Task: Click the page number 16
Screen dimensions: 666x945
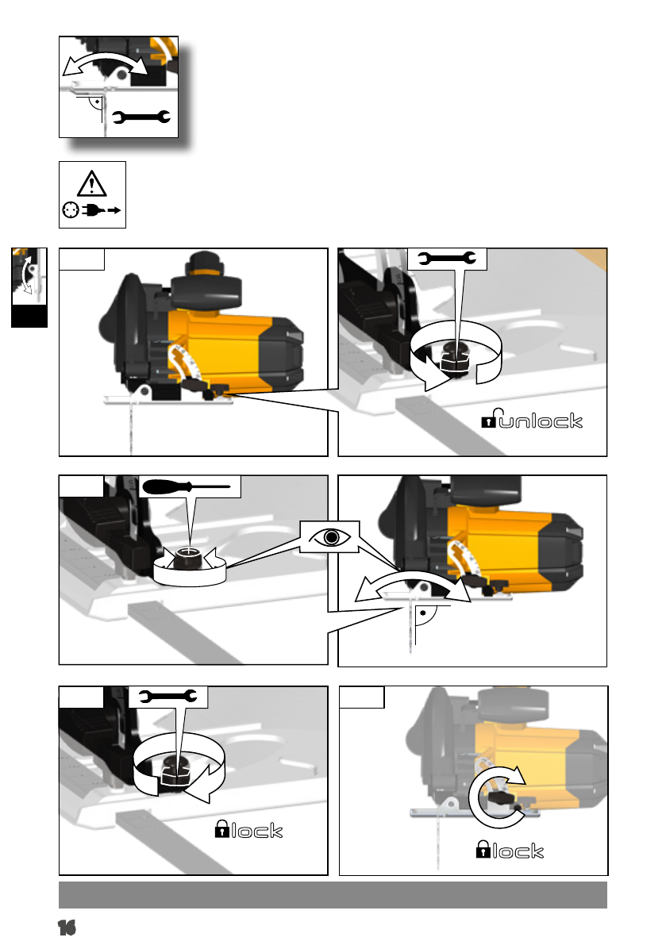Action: tap(67, 928)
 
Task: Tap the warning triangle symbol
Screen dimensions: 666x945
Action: tap(91, 184)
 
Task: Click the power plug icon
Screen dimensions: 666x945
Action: tap(101, 210)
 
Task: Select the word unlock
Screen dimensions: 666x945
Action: tap(541, 421)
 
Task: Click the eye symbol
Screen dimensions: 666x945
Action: tap(329, 536)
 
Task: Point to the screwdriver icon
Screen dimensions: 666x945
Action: tap(187, 486)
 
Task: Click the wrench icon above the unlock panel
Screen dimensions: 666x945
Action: tap(447, 259)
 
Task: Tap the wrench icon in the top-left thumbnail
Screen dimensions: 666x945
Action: tap(141, 117)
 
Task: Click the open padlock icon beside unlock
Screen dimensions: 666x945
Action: tap(489, 418)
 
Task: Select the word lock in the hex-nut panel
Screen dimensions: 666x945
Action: tap(256, 831)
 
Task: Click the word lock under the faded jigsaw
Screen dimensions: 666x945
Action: tap(518, 851)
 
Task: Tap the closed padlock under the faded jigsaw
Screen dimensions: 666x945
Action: tap(483, 849)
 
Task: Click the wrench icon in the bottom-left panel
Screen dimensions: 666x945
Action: tap(167, 697)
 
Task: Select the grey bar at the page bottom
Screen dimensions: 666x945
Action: tap(333, 895)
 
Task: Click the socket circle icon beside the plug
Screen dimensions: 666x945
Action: tap(71, 210)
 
